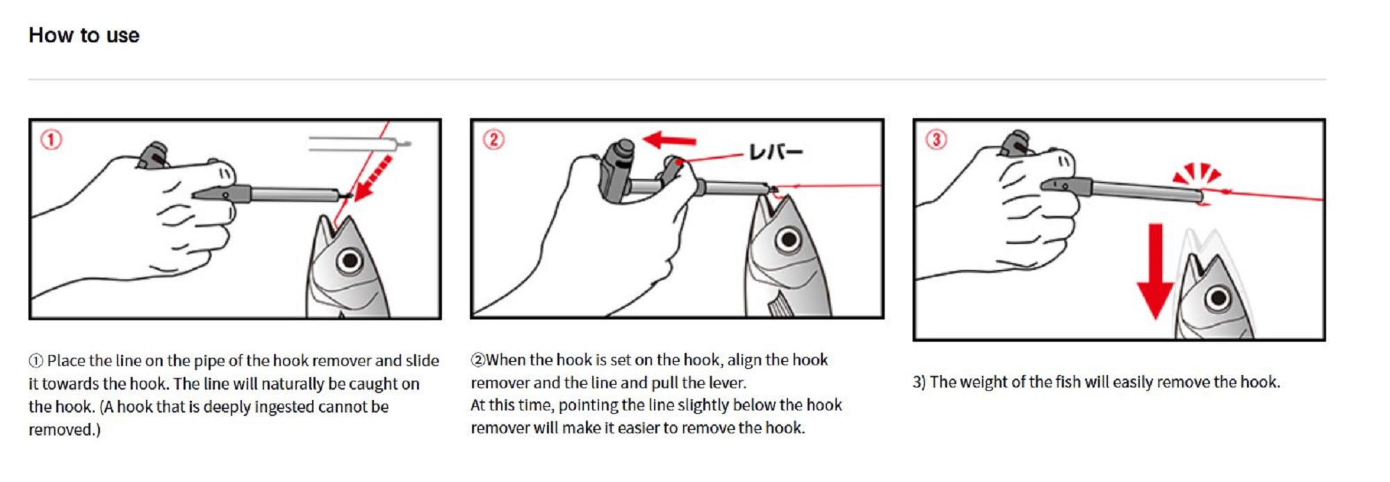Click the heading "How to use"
point(83,35)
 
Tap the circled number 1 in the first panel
point(51,140)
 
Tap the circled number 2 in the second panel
point(493,140)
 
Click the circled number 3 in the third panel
point(935,140)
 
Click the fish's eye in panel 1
point(350,261)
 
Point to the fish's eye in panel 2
point(788,240)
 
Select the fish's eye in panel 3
point(1218,299)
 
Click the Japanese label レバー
point(776,152)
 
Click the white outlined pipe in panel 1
point(358,144)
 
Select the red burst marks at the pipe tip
point(1196,174)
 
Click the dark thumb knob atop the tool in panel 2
point(621,149)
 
